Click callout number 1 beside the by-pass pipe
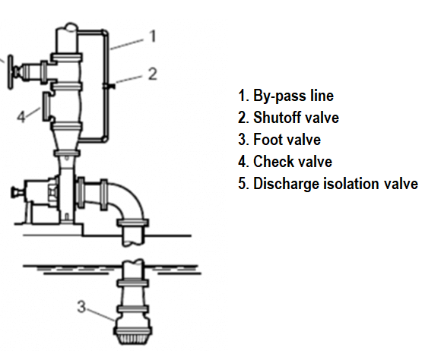(153, 36)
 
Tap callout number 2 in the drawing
(153, 74)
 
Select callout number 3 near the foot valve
(81, 307)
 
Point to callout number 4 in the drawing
(21, 117)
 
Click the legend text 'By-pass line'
(293, 96)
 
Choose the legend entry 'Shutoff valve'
(296, 118)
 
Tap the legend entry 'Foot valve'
(287, 140)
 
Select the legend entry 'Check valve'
(293, 162)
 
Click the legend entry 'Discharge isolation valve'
(335, 184)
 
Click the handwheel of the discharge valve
(10, 72)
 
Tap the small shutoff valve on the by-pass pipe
(109, 86)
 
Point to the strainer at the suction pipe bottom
(133, 336)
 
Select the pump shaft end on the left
(16, 192)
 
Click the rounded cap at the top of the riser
(70, 27)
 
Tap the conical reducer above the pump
(67, 140)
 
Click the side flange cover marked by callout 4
(46, 106)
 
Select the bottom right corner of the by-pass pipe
(105, 140)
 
